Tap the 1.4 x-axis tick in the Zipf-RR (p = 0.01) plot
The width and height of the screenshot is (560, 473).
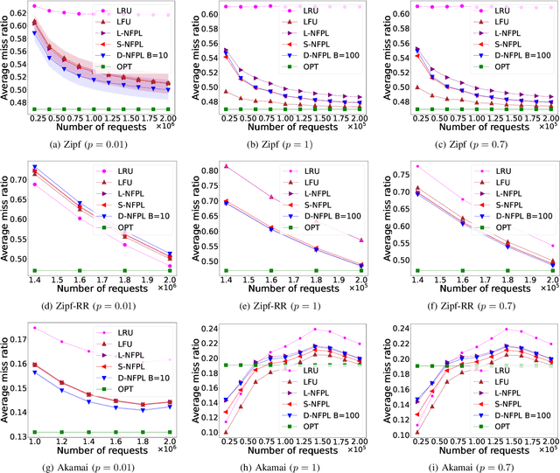click(x=35, y=282)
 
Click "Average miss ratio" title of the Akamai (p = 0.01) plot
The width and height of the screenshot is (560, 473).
click(x=7, y=378)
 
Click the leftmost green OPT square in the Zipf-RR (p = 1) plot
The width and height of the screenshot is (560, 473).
click(x=226, y=270)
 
